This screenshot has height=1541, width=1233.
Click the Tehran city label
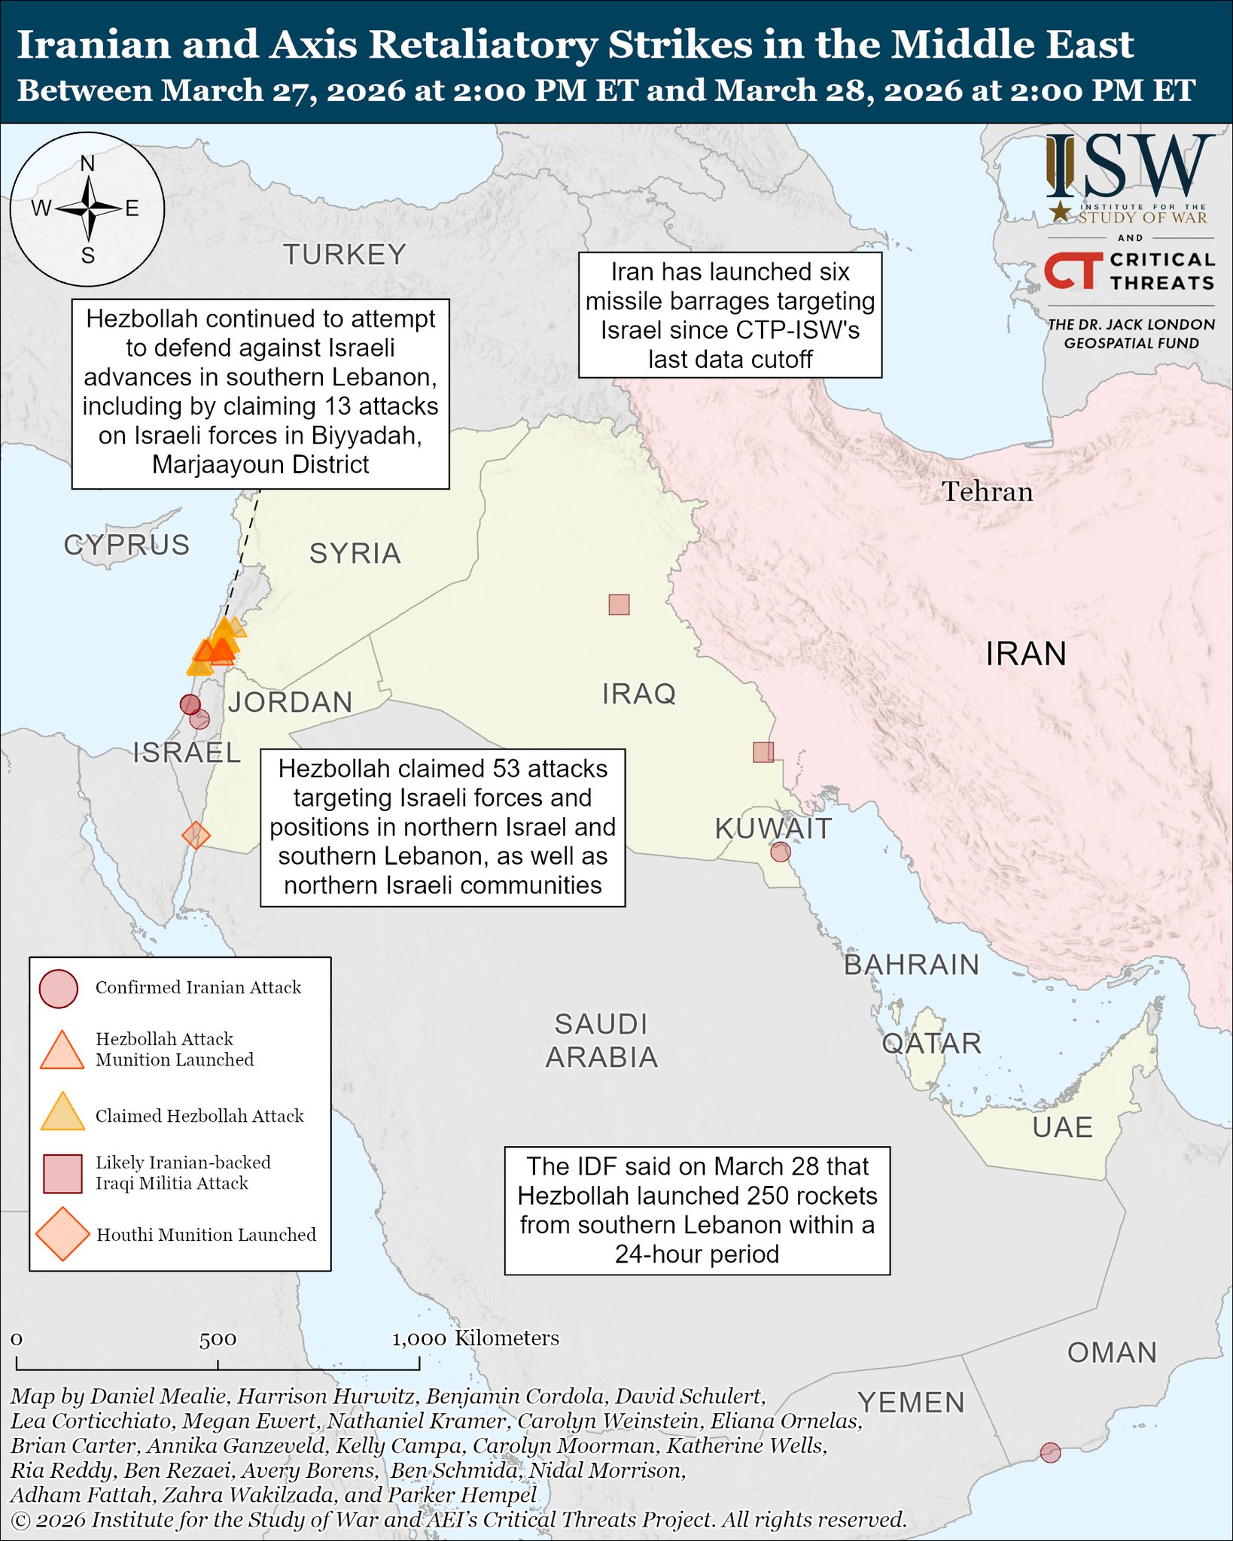click(x=987, y=492)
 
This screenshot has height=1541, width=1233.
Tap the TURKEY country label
click(x=345, y=255)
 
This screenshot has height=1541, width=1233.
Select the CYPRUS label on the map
click(x=126, y=545)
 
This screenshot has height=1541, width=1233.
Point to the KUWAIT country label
click(x=773, y=828)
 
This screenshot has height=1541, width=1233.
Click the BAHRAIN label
click(x=911, y=965)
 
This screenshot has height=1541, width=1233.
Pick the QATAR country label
click(x=931, y=1044)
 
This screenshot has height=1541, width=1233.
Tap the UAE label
click(x=1062, y=1127)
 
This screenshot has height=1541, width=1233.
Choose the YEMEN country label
click(x=911, y=1403)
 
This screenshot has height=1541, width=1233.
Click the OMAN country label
click(x=1112, y=1352)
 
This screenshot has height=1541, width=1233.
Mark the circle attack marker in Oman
click(x=1050, y=1452)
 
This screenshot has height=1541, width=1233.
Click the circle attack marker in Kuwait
click(x=781, y=852)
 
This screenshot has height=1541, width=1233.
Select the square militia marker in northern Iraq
click(x=619, y=604)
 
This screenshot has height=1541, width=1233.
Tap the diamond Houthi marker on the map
click(x=196, y=835)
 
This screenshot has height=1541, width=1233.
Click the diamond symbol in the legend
click(x=62, y=1234)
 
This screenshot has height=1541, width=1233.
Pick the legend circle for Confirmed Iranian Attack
click(x=59, y=988)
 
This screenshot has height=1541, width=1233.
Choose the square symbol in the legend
click(x=62, y=1174)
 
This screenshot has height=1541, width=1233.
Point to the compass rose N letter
click(x=87, y=163)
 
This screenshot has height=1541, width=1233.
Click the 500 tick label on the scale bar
click(x=218, y=1340)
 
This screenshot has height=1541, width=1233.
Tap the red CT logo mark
click(x=1073, y=271)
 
